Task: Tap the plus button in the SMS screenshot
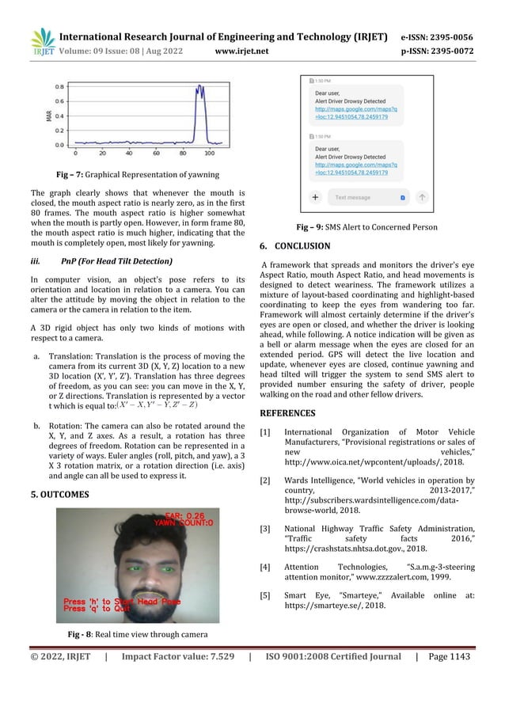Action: click(x=314, y=196)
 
